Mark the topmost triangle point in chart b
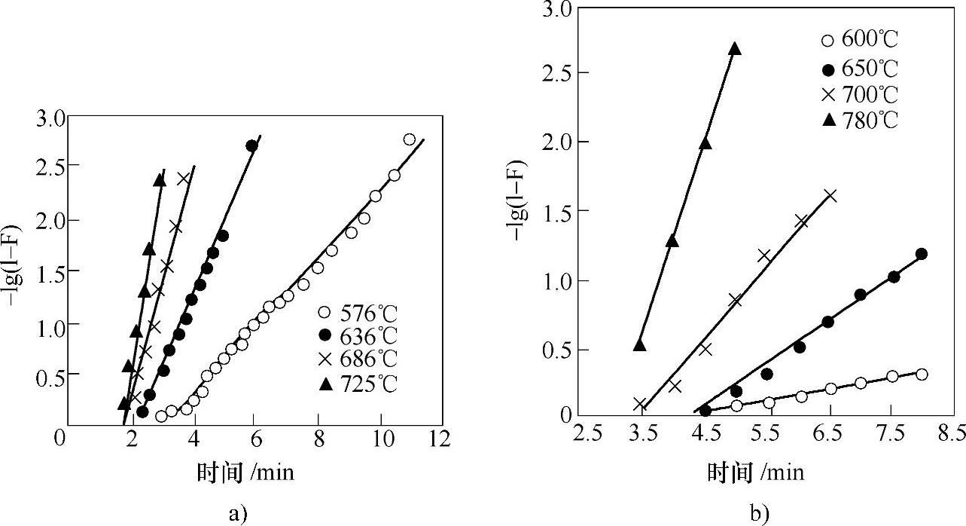click(735, 49)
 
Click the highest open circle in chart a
click(410, 139)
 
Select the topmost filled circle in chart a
click(251, 145)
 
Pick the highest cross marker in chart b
click(830, 196)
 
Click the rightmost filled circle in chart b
click(922, 254)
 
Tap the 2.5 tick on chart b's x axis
click(587, 436)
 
